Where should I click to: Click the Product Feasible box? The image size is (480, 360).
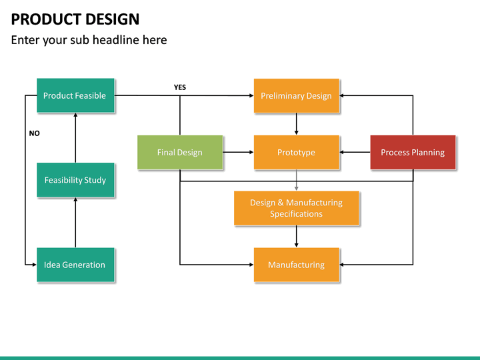75,96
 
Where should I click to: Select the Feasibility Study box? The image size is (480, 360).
75,180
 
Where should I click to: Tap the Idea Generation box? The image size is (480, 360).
75,265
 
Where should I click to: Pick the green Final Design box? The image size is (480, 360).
179,153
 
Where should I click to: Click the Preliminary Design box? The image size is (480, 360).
296,96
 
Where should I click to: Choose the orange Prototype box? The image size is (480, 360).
296,153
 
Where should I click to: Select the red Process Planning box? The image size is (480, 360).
413,153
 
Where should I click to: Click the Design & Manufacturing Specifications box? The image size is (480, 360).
296,208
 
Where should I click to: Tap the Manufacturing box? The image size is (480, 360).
296,265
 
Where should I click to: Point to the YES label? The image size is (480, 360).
180,87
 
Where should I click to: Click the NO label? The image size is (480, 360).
35,133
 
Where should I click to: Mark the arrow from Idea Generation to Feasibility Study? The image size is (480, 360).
75,223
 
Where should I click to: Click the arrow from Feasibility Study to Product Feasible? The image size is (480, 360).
75,137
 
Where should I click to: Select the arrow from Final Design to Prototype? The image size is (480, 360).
237,153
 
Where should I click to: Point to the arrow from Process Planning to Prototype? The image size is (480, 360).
355,153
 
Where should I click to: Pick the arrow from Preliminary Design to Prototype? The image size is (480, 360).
296,123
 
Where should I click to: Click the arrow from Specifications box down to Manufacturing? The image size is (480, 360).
296,236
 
